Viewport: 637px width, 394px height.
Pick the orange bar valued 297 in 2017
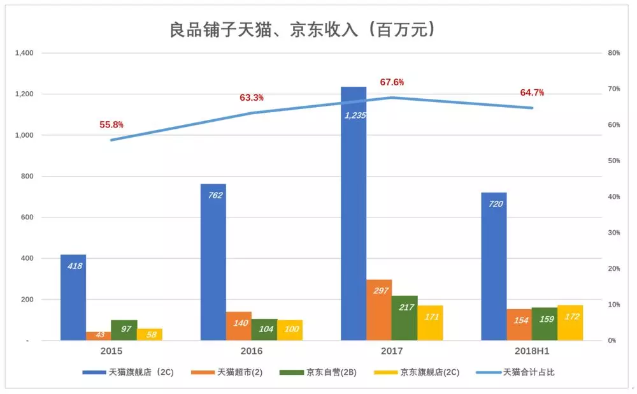tap(379, 310)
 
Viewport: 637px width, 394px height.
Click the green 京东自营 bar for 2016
tap(264, 330)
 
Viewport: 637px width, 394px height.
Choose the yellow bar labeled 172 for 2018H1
tap(570, 323)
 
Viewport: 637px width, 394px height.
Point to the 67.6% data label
tap(392, 82)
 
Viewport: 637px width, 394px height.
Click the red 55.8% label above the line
tap(111, 125)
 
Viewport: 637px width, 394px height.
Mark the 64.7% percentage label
tap(532, 92)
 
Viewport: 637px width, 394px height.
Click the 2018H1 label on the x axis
tap(532, 351)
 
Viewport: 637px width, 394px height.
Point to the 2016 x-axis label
tap(252, 351)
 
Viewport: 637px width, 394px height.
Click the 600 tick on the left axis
tap(28, 217)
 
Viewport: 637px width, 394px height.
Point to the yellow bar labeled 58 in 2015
tap(150, 335)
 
